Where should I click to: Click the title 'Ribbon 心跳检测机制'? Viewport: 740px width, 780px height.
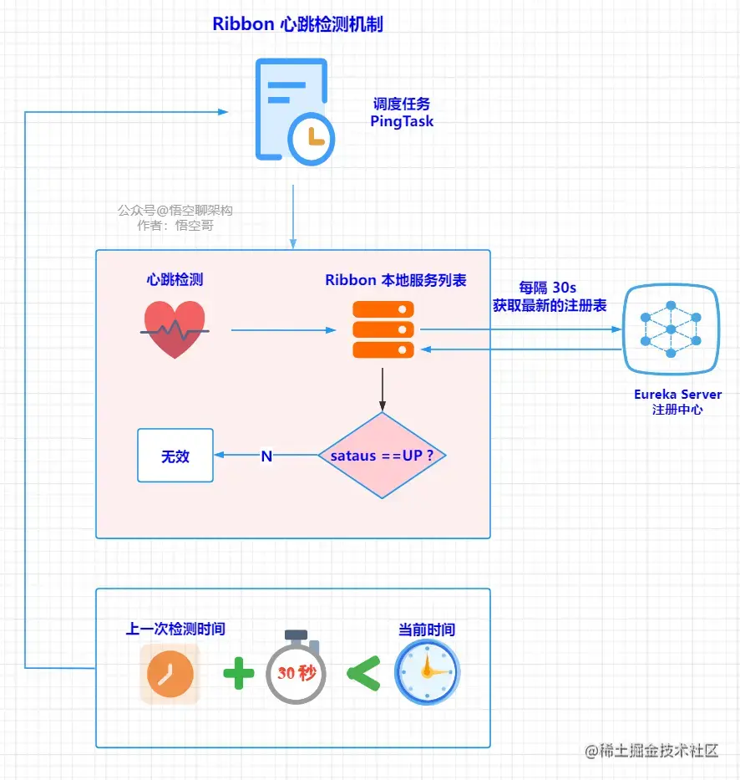(x=297, y=23)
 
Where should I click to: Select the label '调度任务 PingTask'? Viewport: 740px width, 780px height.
(x=402, y=113)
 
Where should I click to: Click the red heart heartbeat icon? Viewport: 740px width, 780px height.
(x=175, y=329)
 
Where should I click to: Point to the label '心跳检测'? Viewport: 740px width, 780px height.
(x=175, y=279)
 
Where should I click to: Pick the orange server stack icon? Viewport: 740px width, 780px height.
(x=383, y=329)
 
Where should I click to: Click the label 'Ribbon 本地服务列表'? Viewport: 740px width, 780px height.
(x=395, y=280)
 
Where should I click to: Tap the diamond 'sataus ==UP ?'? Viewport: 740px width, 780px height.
(x=382, y=456)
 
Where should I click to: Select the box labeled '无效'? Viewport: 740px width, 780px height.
(x=175, y=456)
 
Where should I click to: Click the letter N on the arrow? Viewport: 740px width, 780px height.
(x=266, y=456)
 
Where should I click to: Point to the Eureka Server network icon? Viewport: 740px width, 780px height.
(x=671, y=329)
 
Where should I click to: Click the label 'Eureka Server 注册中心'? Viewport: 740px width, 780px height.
(x=677, y=401)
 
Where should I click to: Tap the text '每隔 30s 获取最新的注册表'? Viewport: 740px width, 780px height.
(x=549, y=297)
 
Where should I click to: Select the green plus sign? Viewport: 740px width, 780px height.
(x=238, y=673)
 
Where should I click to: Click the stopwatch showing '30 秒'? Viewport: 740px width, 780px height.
(x=296, y=670)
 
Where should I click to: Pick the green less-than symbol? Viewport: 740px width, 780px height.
(x=362, y=673)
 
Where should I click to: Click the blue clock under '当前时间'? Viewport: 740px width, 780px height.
(x=427, y=671)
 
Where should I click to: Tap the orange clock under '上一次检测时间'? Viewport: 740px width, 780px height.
(x=170, y=674)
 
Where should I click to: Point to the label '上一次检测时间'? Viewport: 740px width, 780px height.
(x=175, y=629)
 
